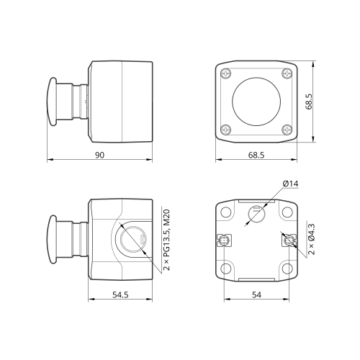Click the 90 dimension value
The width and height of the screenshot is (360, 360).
point(99,155)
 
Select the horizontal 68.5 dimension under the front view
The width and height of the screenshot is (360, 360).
point(256,155)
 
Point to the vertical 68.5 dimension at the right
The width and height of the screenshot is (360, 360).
point(309,102)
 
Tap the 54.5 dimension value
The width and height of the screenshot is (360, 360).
point(120,294)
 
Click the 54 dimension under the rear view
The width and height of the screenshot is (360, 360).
point(256,294)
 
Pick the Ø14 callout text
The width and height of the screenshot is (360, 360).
point(290,184)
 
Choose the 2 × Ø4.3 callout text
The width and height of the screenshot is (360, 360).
point(311,239)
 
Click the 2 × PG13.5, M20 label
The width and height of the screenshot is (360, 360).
point(166,240)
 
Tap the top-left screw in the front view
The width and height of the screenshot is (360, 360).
point(226,73)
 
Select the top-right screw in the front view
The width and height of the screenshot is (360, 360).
point(287,73)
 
